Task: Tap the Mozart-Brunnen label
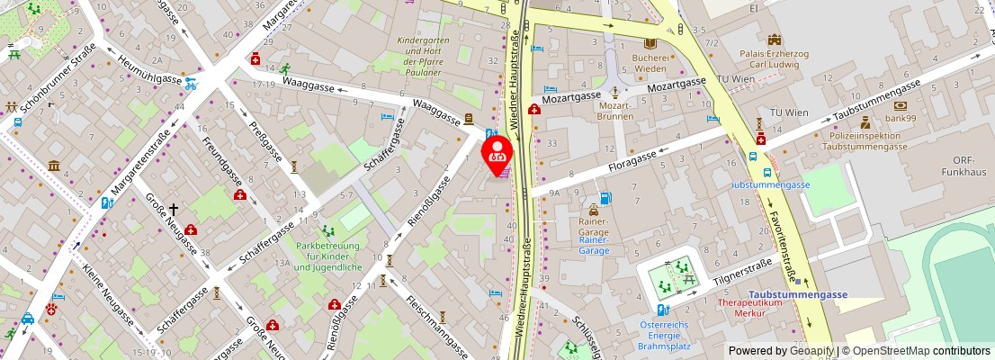coord(615,111)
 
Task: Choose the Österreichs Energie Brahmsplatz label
coord(663,335)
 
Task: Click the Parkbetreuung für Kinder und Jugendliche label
coord(327,256)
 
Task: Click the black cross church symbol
coord(173,209)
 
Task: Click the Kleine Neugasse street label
coord(108,298)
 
